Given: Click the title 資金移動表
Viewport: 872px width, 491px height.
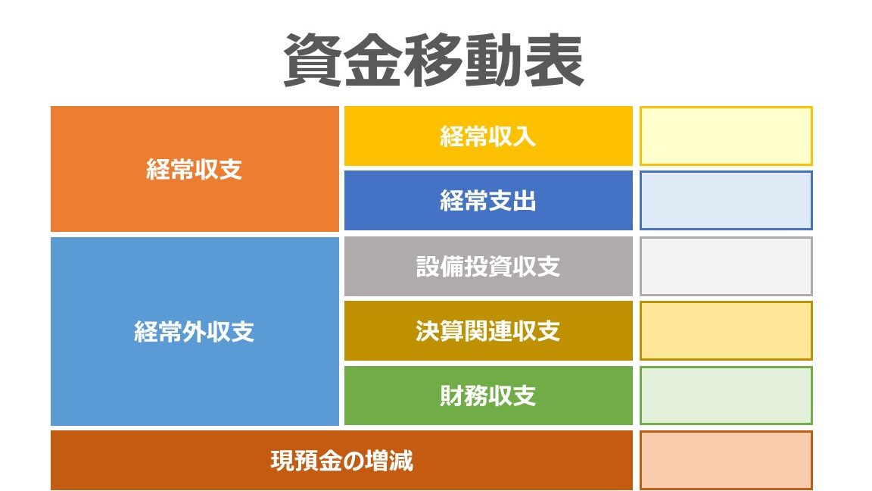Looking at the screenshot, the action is [433, 60].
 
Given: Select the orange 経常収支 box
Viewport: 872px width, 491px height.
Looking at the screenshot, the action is [195, 169].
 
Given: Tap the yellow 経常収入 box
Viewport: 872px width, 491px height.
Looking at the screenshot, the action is [488, 136].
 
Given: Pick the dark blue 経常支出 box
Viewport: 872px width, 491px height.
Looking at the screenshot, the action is [488, 200].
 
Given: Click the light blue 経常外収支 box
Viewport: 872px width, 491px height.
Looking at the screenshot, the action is [195, 331].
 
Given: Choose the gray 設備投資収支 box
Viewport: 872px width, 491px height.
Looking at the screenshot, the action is [488, 266].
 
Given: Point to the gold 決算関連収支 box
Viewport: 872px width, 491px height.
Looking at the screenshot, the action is [488, 330].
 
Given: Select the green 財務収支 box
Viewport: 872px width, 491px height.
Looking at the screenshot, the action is [488, 396].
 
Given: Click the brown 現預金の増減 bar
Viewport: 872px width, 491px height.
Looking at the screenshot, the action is [341, 461].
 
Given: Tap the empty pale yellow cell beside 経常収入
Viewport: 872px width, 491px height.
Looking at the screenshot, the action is [726, 136].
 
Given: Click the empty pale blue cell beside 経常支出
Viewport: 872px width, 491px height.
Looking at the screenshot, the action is [726, 200].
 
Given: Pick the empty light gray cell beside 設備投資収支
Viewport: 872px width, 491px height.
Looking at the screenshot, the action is [726, 266].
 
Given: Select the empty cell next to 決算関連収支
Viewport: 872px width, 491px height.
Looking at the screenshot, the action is [726, 330].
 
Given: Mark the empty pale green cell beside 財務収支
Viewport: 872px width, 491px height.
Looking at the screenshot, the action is [726, 396].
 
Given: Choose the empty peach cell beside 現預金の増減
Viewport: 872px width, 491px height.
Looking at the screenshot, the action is [726, 461].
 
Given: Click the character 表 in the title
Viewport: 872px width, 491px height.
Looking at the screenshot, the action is [554, 60].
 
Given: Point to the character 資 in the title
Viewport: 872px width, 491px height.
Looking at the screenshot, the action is [313, 60].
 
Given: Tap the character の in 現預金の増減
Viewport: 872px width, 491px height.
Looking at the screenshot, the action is [353, 461].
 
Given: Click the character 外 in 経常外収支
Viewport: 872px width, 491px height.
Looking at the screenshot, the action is [195, 332].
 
